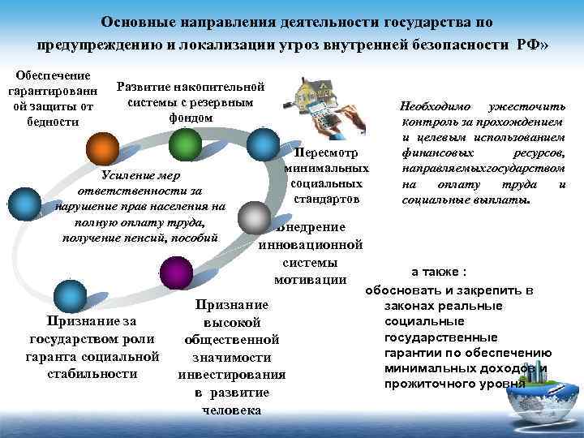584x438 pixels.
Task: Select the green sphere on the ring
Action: click(187, 145)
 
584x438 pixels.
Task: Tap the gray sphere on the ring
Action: click(255, 217)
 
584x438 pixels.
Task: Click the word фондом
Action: click(191, 118)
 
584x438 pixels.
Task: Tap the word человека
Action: click(231, 410)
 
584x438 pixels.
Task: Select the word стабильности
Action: click(92, 374)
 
